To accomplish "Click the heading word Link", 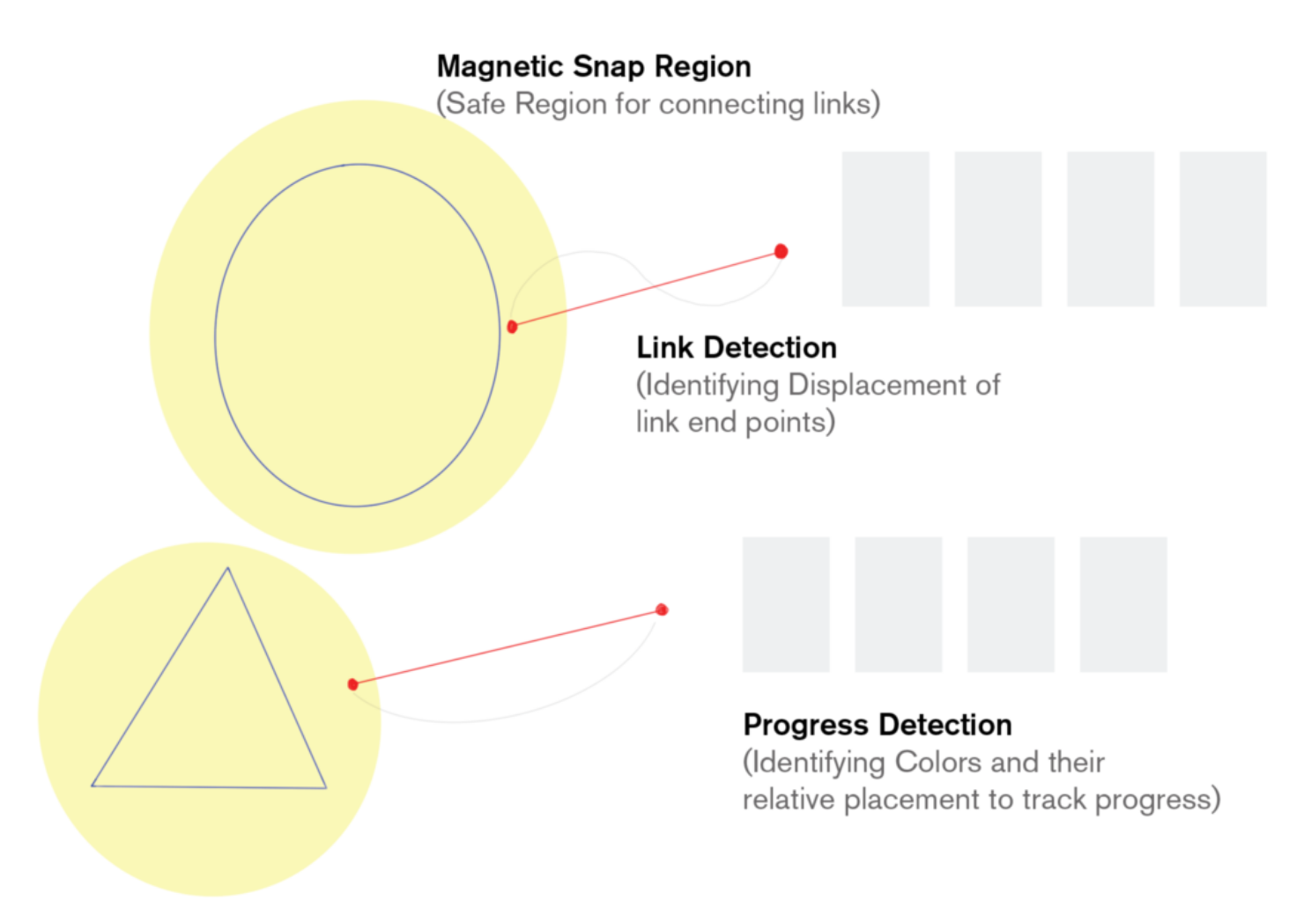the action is click(665, 347).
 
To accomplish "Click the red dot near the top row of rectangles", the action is click(781, 252).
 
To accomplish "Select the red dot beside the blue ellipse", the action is click(512, 327).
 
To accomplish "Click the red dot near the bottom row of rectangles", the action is click(662, 610).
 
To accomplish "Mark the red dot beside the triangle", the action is click(353, 684).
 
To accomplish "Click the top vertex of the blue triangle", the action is click(227, 568).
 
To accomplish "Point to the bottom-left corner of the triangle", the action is click(92, 786).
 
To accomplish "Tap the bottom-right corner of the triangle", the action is click(326, 788).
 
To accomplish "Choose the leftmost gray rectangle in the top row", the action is click(885, 229).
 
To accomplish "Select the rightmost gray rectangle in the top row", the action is click(1223, 229).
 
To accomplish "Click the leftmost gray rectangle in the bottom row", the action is click(786, 604).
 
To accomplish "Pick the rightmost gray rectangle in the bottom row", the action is click(1123, 604).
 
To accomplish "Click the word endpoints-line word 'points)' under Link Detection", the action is click(790, 423).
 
